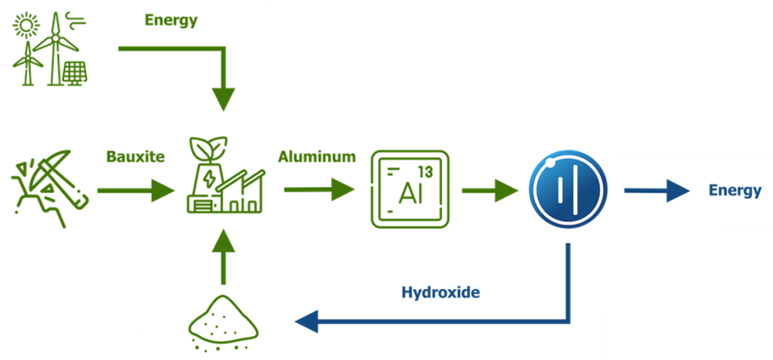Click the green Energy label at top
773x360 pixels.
tap(171, 21)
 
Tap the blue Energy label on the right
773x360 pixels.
tap(735, 191)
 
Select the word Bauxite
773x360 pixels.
tap(135, 157)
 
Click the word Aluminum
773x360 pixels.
tap(317, 157)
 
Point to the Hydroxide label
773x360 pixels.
tap(440, 292)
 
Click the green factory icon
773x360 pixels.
tap(225, 175)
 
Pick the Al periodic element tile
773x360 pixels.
tap(410, 189)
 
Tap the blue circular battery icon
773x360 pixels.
tap(568, 190)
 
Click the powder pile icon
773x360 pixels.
tap(223, 323)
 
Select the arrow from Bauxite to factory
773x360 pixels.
tap(136, 190)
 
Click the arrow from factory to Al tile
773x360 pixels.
tap(320, 190)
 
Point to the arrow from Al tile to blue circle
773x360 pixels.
tap(490, 190)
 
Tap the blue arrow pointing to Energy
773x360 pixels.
tap(656, 190)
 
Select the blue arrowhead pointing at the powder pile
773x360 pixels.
tap(307, 322)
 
